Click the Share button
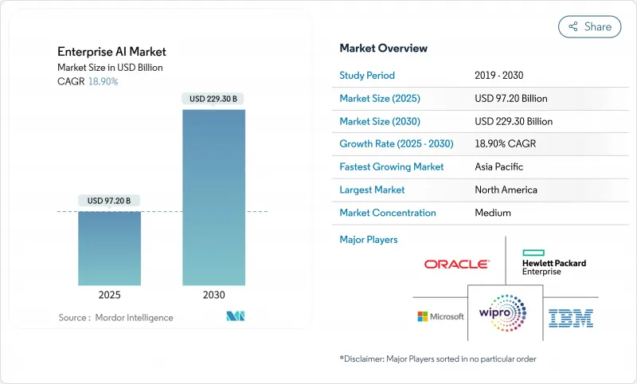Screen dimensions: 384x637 coord(590,26)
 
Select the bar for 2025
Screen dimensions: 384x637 coord(109,248)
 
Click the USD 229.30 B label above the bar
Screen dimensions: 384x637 coord(213,99)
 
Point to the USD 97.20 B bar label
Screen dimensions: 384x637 coord(109,201)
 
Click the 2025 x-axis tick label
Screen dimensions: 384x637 coord(109,295)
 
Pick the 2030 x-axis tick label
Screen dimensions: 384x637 coord(213,295)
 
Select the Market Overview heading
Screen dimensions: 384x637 coord(383,49)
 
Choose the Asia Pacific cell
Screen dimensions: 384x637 coord(499,167)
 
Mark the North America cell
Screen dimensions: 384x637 coord(506,190)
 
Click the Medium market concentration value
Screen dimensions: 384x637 coord(493,213)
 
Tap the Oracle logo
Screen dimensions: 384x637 coord(457,264)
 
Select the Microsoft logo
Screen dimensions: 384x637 coord(440,316)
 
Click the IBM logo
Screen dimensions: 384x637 coord(570,318)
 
